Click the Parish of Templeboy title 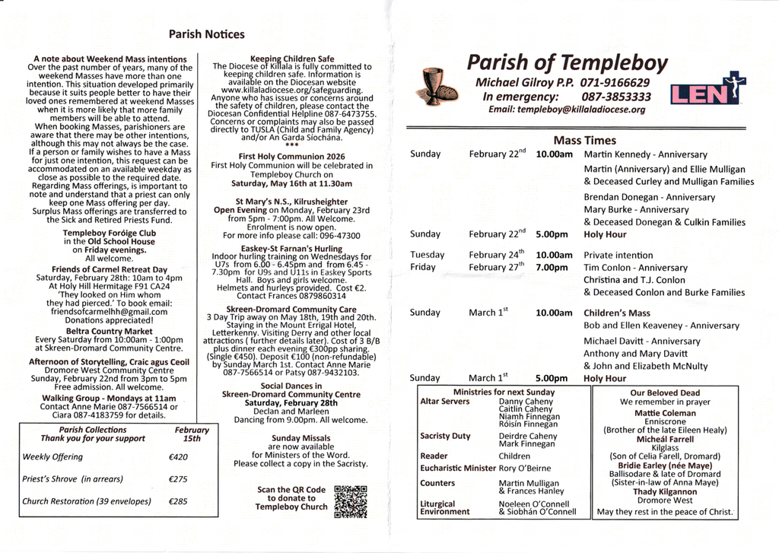[x=567, y=62]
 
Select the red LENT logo [x=707, y=91]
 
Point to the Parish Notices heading [x=207, y=34]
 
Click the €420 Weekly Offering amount [x=178, y=457]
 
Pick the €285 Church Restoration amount [x=178, y=501]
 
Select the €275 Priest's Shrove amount [x=178, y=479]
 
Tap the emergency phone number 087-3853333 [x=616, y=97]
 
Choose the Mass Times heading [x=584, y=141]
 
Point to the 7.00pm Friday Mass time [x=552, y=268]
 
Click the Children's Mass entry [x=616, y=313]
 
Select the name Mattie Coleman [x=664, y=413]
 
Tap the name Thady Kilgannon [x=664, y=492]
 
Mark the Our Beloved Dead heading [x=664, y=393]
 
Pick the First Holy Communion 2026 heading [x=291, y=156]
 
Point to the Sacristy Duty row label [x=445, y=436]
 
